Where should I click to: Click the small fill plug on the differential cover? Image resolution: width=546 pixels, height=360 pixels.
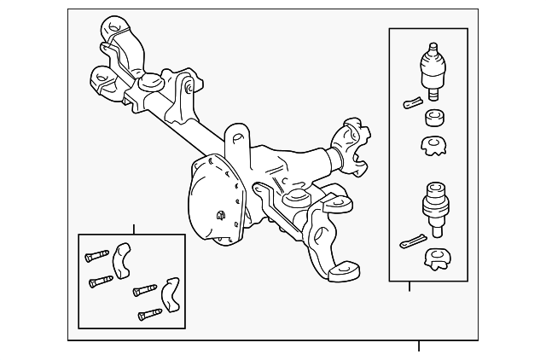[x=221, y=216]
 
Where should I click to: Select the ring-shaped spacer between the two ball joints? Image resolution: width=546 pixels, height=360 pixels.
[x=434, y=118]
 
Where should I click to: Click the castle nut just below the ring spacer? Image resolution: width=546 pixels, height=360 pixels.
[x=434, y=146]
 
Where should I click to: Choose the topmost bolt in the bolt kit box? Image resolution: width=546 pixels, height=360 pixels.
[x=97, y=255]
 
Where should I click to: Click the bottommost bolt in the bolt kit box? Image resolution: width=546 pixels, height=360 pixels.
[x=149, y=314]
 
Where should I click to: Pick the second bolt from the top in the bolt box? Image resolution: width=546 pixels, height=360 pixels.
[x=101, y=280]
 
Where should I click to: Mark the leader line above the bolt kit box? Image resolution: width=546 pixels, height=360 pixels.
[x=133, y=229]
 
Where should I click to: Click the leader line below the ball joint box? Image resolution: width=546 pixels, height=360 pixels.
[x=409, y=286]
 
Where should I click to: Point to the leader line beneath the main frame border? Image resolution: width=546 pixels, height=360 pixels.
[x=419, y=345]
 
